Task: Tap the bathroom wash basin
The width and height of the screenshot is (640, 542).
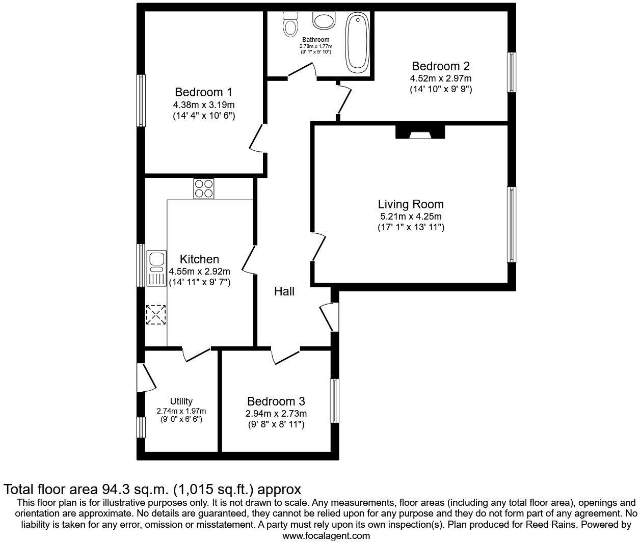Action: [x=323, y=21]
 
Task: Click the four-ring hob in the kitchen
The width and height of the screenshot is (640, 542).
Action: [x=203, y=188]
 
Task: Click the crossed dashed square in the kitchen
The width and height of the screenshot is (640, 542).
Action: [x=155, y=314]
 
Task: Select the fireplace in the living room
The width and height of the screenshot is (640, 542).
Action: [x=420, y=132]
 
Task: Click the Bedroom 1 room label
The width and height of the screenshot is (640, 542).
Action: [x=203, y=92]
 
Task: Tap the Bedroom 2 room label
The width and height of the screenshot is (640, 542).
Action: [x=440, y=66]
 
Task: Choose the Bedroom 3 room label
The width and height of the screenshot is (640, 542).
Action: [x=276, y=401]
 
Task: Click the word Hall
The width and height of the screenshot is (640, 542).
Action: [x=284, y=291]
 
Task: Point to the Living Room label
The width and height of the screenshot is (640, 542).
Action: [x=411, y=204]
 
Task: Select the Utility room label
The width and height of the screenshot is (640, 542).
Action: [x=181, y=401]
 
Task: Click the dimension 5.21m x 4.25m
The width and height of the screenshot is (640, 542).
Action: [x=410, y=216]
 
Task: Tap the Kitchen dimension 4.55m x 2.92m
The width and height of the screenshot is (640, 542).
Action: [x=199, y=271]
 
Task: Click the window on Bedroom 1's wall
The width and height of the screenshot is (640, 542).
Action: [x=141, y=100]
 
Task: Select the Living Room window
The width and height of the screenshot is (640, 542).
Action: [x=511, y=225]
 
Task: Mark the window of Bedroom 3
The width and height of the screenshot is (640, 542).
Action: [x=334, y=400]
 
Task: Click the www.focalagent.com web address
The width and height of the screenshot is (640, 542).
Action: [x=326, y=535]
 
